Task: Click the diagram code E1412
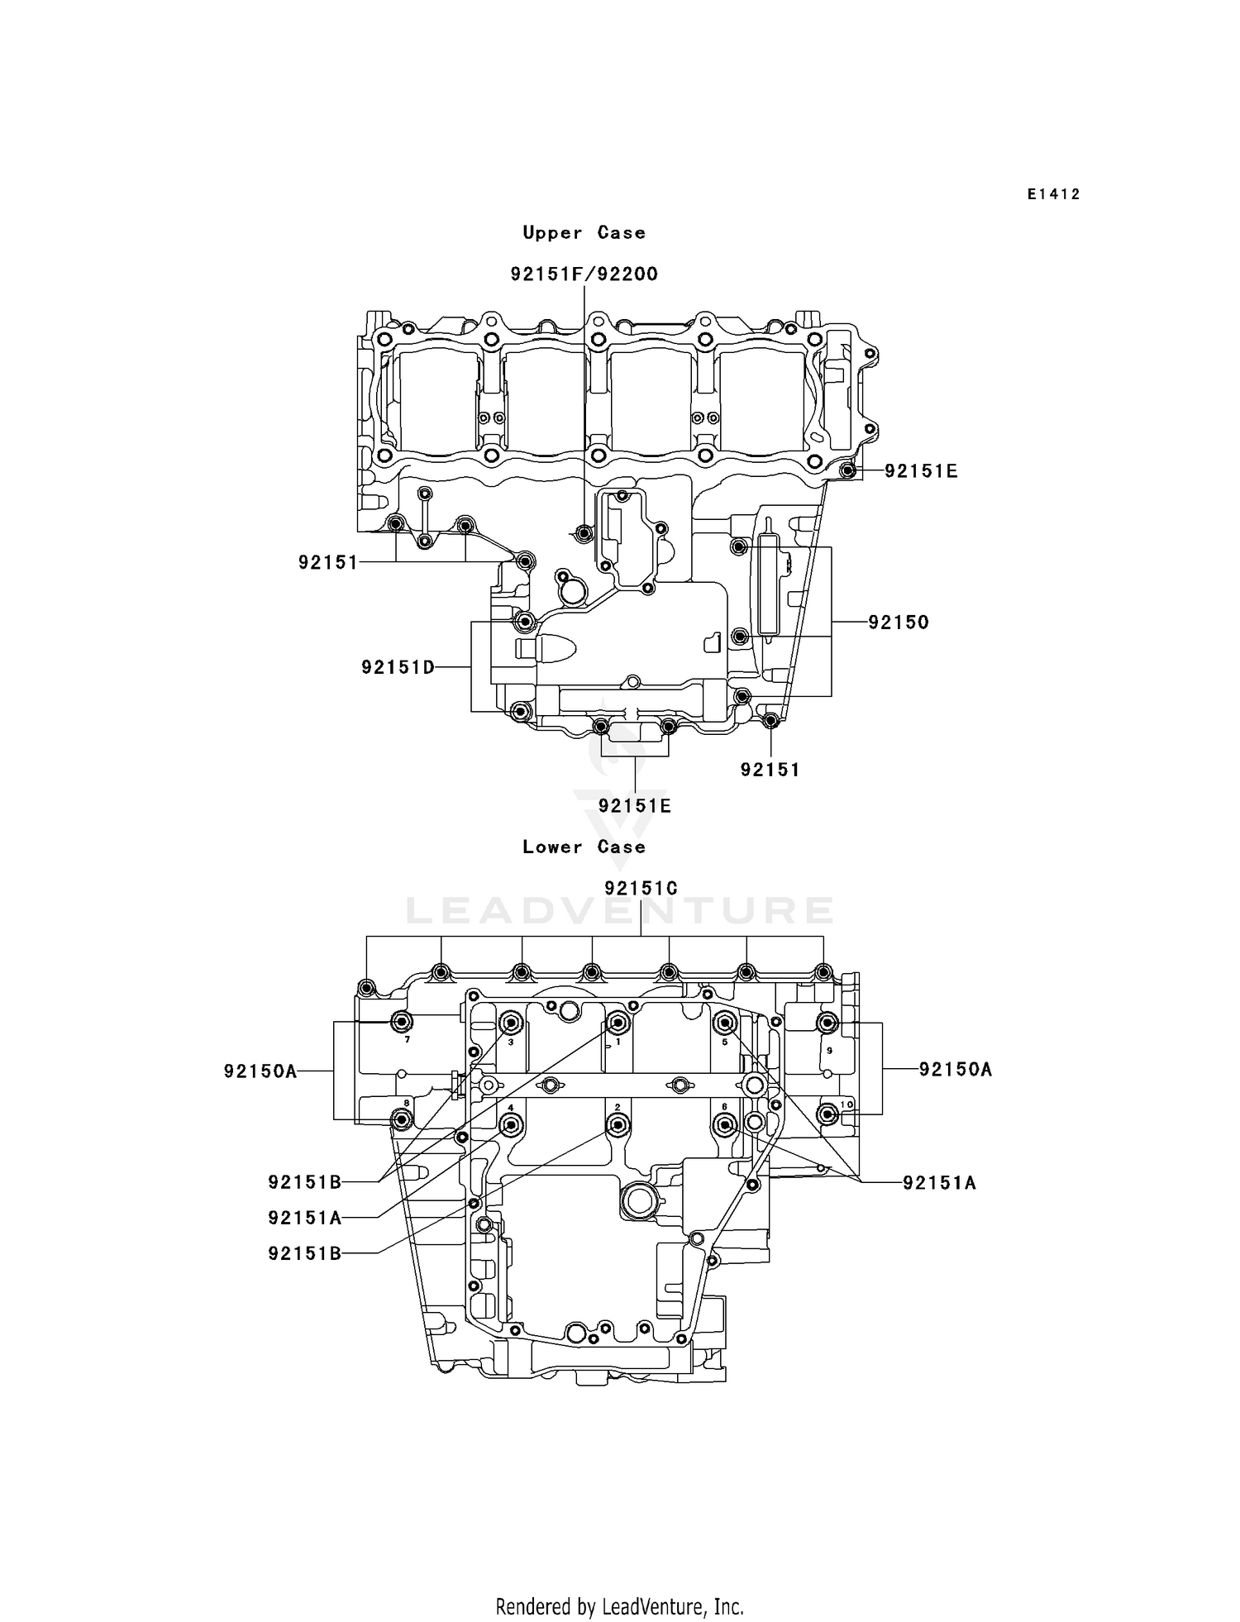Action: (x=1053, y=194)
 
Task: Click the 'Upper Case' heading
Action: (x=584, y=233)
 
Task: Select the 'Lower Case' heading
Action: (x=584, y=847)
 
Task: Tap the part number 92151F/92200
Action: (x=584, y=274)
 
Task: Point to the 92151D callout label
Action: (x=398, y=667)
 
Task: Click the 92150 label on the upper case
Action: (x=899, y=623)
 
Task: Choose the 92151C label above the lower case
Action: (x=641, y=889)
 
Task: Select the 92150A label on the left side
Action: (x=260, y=1071)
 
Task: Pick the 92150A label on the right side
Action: (x=956, y=1070)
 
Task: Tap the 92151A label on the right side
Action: (x=939, y=1183)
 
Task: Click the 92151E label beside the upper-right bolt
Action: (x=921, y=471)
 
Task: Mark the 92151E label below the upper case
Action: (x=635, y=806)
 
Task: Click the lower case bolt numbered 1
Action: (x=618, y=1023)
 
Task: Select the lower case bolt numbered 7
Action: (x=402, y=1021)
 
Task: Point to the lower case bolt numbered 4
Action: (x=512, y=1125)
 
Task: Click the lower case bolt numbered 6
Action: (x=725, y=1125)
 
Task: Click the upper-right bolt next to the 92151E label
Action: (x=847, y=471)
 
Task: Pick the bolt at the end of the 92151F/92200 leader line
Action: (x=584, y=533)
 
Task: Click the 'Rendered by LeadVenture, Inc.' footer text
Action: (x=619, y=1606)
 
